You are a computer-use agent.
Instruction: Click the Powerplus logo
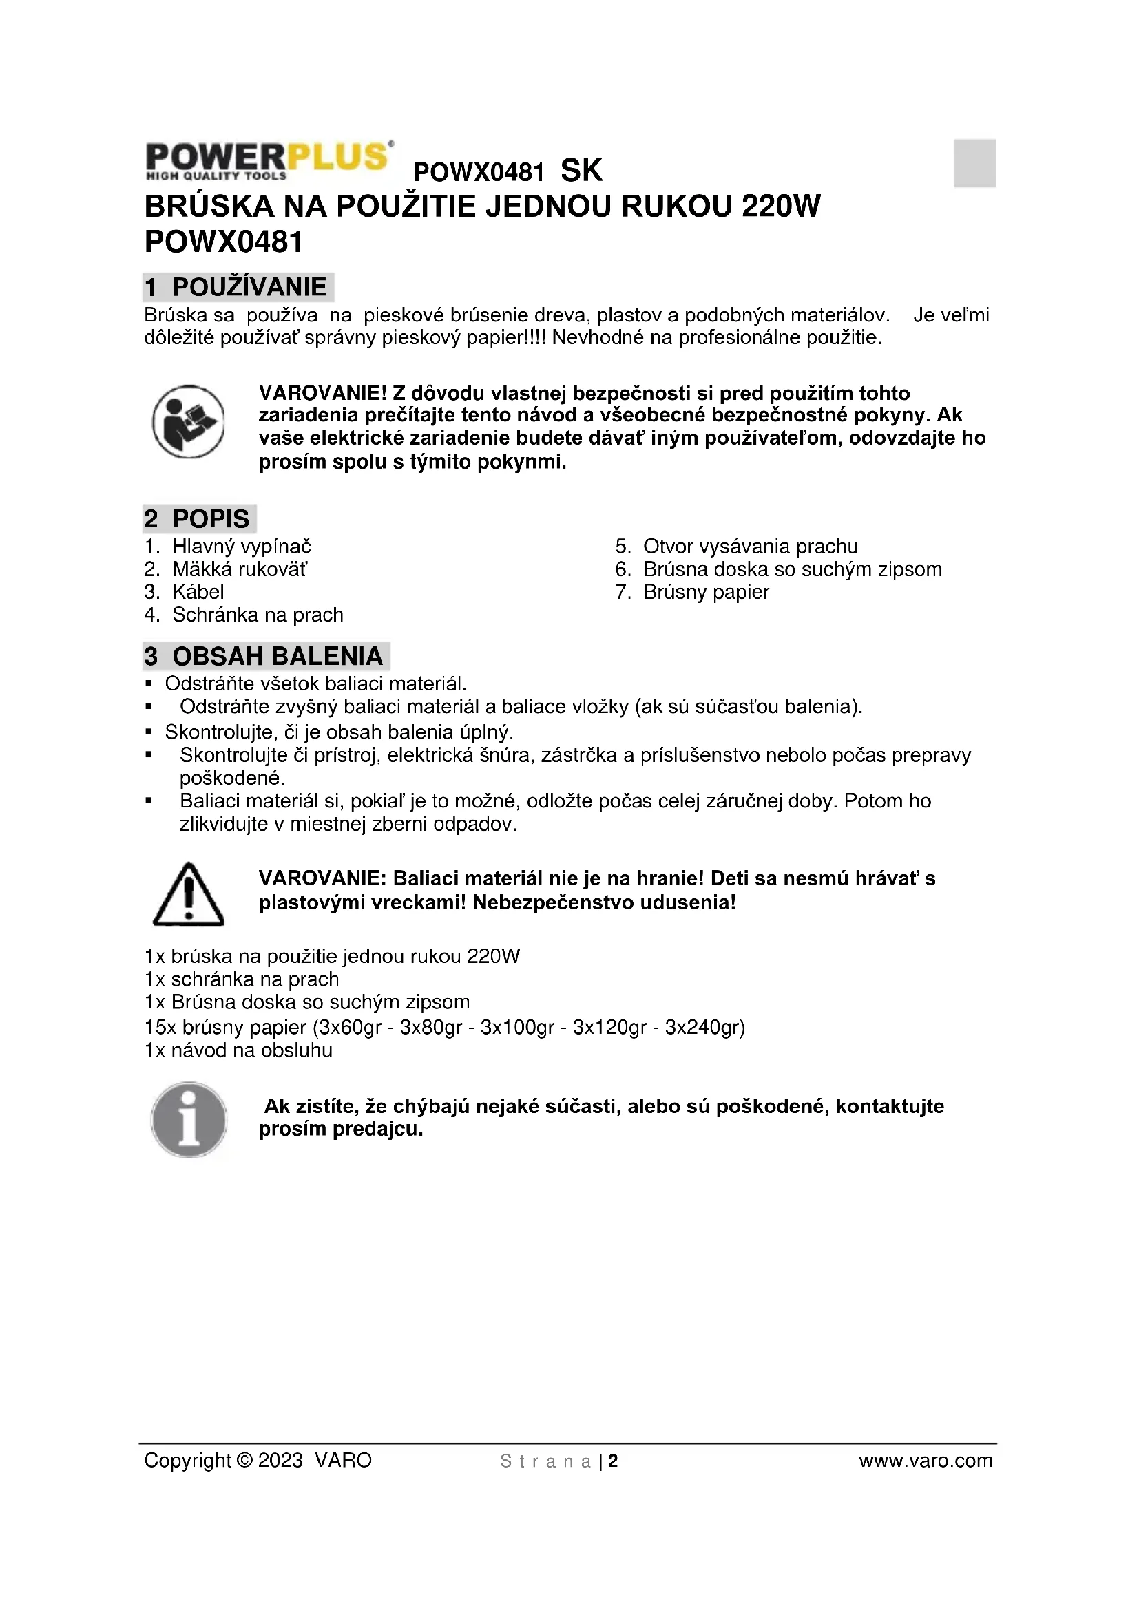[x=269, y=160]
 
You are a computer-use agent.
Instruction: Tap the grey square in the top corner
[x=974, y=163]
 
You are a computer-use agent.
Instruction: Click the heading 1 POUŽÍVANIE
[x=237, y=287]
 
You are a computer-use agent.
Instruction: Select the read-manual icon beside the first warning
[x=188, y=421]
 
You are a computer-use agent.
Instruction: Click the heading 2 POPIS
[x=198, y=519]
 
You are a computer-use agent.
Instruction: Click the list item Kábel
[x=198, y=592]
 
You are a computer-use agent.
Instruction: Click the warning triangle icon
[x=188, y=894]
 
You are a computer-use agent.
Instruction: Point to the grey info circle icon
[x=189, y=1119]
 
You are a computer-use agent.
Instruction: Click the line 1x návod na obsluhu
[x=238, y=1050]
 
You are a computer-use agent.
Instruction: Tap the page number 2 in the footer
[x=613, y=1456]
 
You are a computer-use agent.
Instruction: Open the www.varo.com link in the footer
[x=925, y=1455]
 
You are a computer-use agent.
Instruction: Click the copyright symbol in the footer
[x=244, y=1455]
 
